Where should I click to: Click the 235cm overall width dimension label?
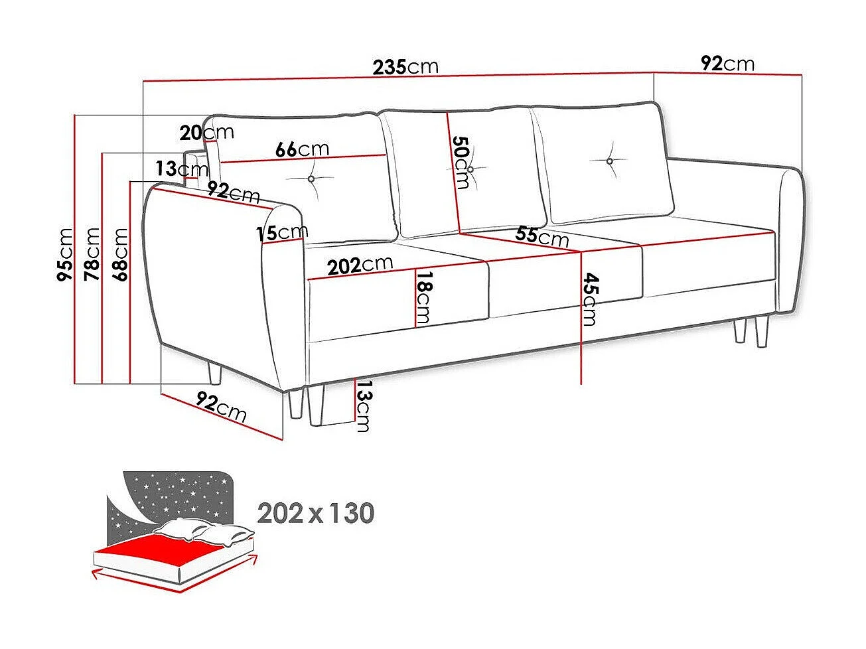405,67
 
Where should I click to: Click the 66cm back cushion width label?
302,149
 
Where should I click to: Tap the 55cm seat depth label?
542,236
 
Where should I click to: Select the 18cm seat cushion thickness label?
423,298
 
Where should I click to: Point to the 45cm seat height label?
589,299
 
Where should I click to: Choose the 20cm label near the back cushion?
206,133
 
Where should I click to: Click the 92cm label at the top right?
728,64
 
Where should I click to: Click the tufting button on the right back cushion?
609,161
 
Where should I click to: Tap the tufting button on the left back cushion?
311,179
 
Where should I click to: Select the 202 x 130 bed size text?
316,513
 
